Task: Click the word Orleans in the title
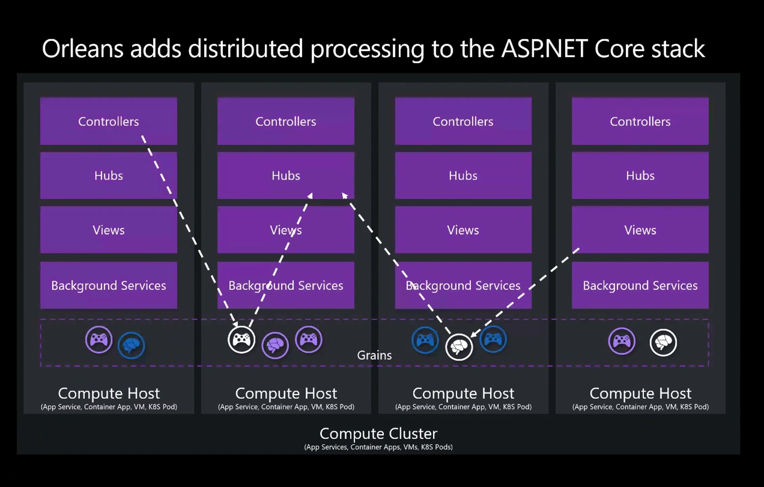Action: [x=82, y=49]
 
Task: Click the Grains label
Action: [x=374, y=355]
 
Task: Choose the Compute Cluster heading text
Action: [x=378, y=433]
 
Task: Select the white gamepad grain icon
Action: [x=241, y=340]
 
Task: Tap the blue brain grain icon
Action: [x=131, y=345]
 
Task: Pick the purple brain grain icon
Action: [x=275, y=345]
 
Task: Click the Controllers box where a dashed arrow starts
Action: [x=109, y=121]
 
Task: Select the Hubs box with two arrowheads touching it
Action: [x=286, y=175]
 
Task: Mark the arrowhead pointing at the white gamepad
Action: [x=235, y=324]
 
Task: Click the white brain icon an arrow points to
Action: [x=459, y=347]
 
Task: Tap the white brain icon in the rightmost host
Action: [x=663, y=343]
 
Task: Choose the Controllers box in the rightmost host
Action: [x=640, y=121]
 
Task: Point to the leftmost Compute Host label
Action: [x=109, y=393]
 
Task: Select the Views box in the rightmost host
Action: [x=640, y=230]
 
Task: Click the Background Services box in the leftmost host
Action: [x=109, y=285]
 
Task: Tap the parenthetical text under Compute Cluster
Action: [x=378, y=447]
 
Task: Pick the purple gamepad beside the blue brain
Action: [x=99, y=340]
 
